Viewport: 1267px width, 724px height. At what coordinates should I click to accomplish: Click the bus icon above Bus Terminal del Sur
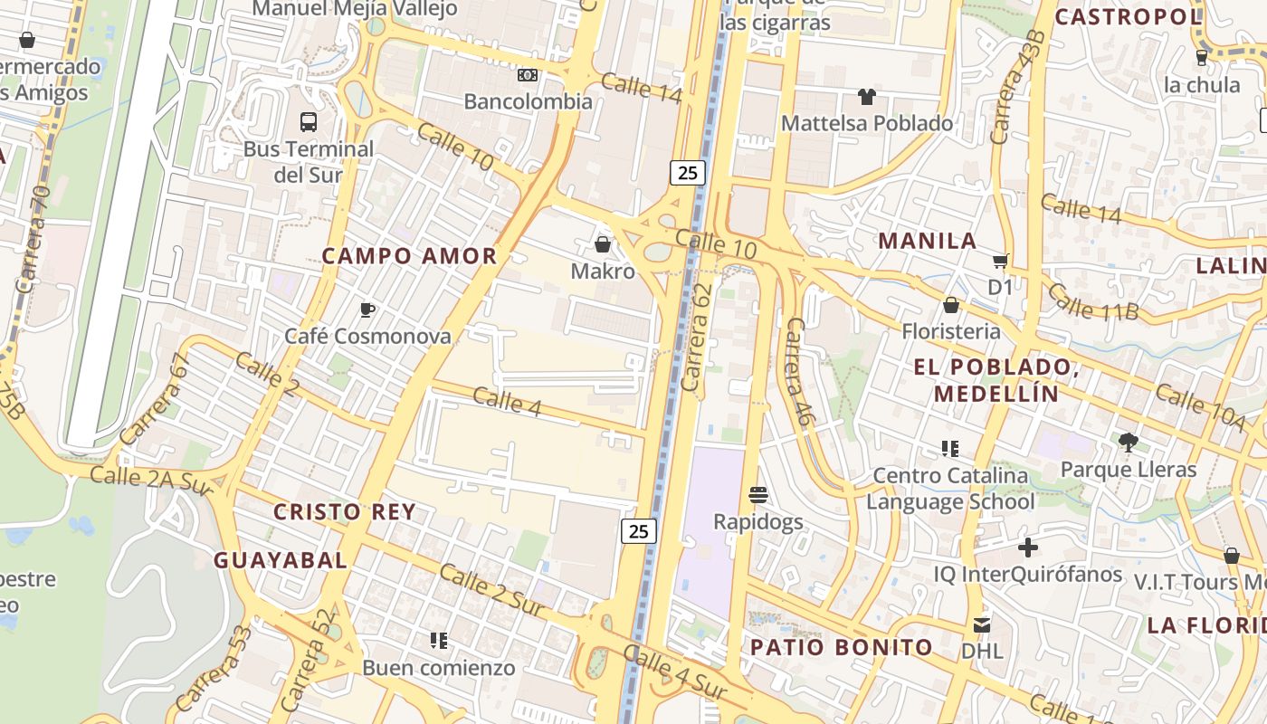point(308,121)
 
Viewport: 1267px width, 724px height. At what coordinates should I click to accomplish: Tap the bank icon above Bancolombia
point(528,74)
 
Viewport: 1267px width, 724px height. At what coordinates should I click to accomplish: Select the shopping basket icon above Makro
point(602,244)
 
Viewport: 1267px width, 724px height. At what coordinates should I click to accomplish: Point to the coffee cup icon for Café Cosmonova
point(367,310)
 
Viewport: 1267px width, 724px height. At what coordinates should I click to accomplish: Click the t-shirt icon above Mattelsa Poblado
point(867,96)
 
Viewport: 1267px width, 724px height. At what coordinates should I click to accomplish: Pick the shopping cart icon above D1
point(1000,262)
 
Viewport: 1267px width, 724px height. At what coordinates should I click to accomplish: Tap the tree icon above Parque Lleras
point(1128,442)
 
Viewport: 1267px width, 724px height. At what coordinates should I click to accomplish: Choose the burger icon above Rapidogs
point(758,495)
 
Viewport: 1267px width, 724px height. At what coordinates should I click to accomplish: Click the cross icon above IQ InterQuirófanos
point(1027,548)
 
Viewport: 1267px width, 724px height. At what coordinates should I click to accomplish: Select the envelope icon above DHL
point(982,624)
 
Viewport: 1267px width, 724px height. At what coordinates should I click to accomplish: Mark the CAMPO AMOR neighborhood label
point(409,256)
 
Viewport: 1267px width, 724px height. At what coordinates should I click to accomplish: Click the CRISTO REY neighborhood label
point(345,512)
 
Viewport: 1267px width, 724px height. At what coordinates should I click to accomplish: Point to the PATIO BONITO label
point(841,647)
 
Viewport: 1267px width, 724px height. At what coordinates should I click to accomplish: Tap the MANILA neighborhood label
point(928,241)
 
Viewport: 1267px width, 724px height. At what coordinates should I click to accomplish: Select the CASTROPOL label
point(1128,16)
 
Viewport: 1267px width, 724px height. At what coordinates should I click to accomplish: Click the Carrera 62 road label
point(698,338)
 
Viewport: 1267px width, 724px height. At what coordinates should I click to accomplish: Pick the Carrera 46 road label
point(798,372)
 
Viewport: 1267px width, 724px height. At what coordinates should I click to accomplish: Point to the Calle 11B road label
point(1093,302)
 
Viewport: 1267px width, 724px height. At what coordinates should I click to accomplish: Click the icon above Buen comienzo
point(439,641)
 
